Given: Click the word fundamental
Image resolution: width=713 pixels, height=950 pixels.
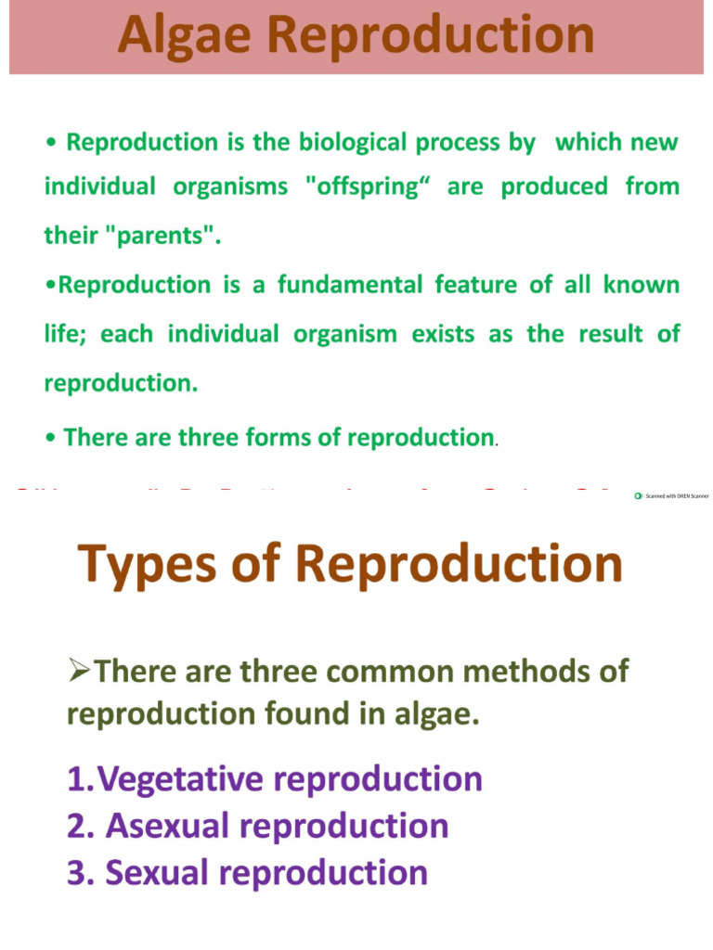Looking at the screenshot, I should tap(354, 285).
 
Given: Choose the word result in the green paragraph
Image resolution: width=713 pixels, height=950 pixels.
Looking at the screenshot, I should tap(612, 334).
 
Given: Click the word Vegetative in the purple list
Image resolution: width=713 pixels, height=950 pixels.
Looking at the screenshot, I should tap(191, 779).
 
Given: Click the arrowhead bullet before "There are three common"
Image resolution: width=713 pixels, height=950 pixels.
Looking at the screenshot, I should tap(80, 672).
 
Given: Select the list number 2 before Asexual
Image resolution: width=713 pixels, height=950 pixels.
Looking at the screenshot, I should tap(76, 826).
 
